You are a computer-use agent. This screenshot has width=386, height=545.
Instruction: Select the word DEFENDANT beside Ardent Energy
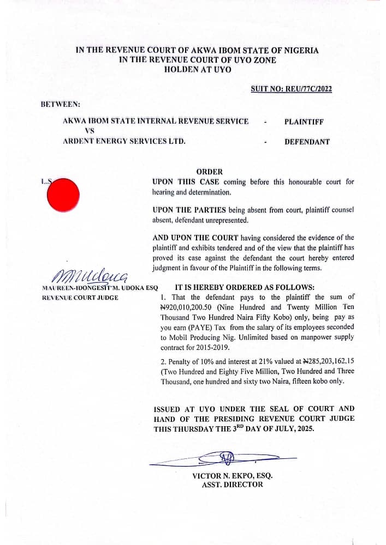pos(307,142)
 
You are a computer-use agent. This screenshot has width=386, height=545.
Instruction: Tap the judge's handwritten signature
pos(91,275)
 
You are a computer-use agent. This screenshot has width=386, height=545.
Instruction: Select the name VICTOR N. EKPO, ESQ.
pos(232,475)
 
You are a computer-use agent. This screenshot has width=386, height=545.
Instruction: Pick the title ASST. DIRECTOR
pos(232,485)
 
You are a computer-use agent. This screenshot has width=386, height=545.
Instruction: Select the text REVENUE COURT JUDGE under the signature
pos(80,298)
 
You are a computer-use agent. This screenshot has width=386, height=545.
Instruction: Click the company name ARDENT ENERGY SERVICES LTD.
pos(124,141)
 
